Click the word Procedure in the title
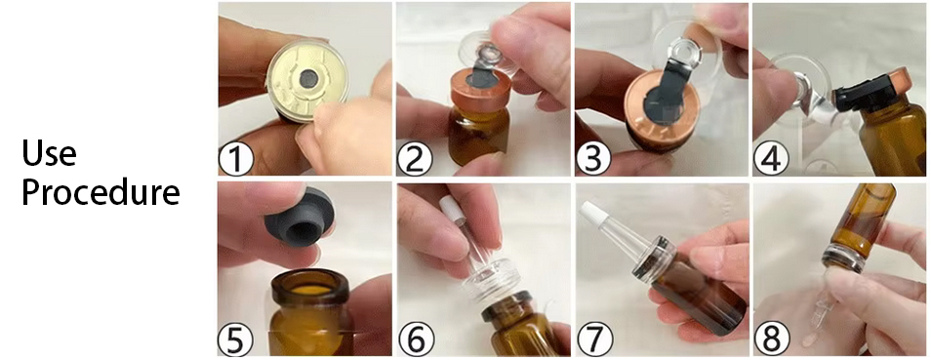[101, 191]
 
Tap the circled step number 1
[235, 158]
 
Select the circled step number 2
[415, 158]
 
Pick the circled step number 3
[592, 158]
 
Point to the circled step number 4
[771, 158]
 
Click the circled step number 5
[235, 339]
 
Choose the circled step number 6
[415, 339]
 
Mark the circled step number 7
[592, 339]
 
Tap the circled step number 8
[771, 339]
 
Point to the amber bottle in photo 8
[862, 220]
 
